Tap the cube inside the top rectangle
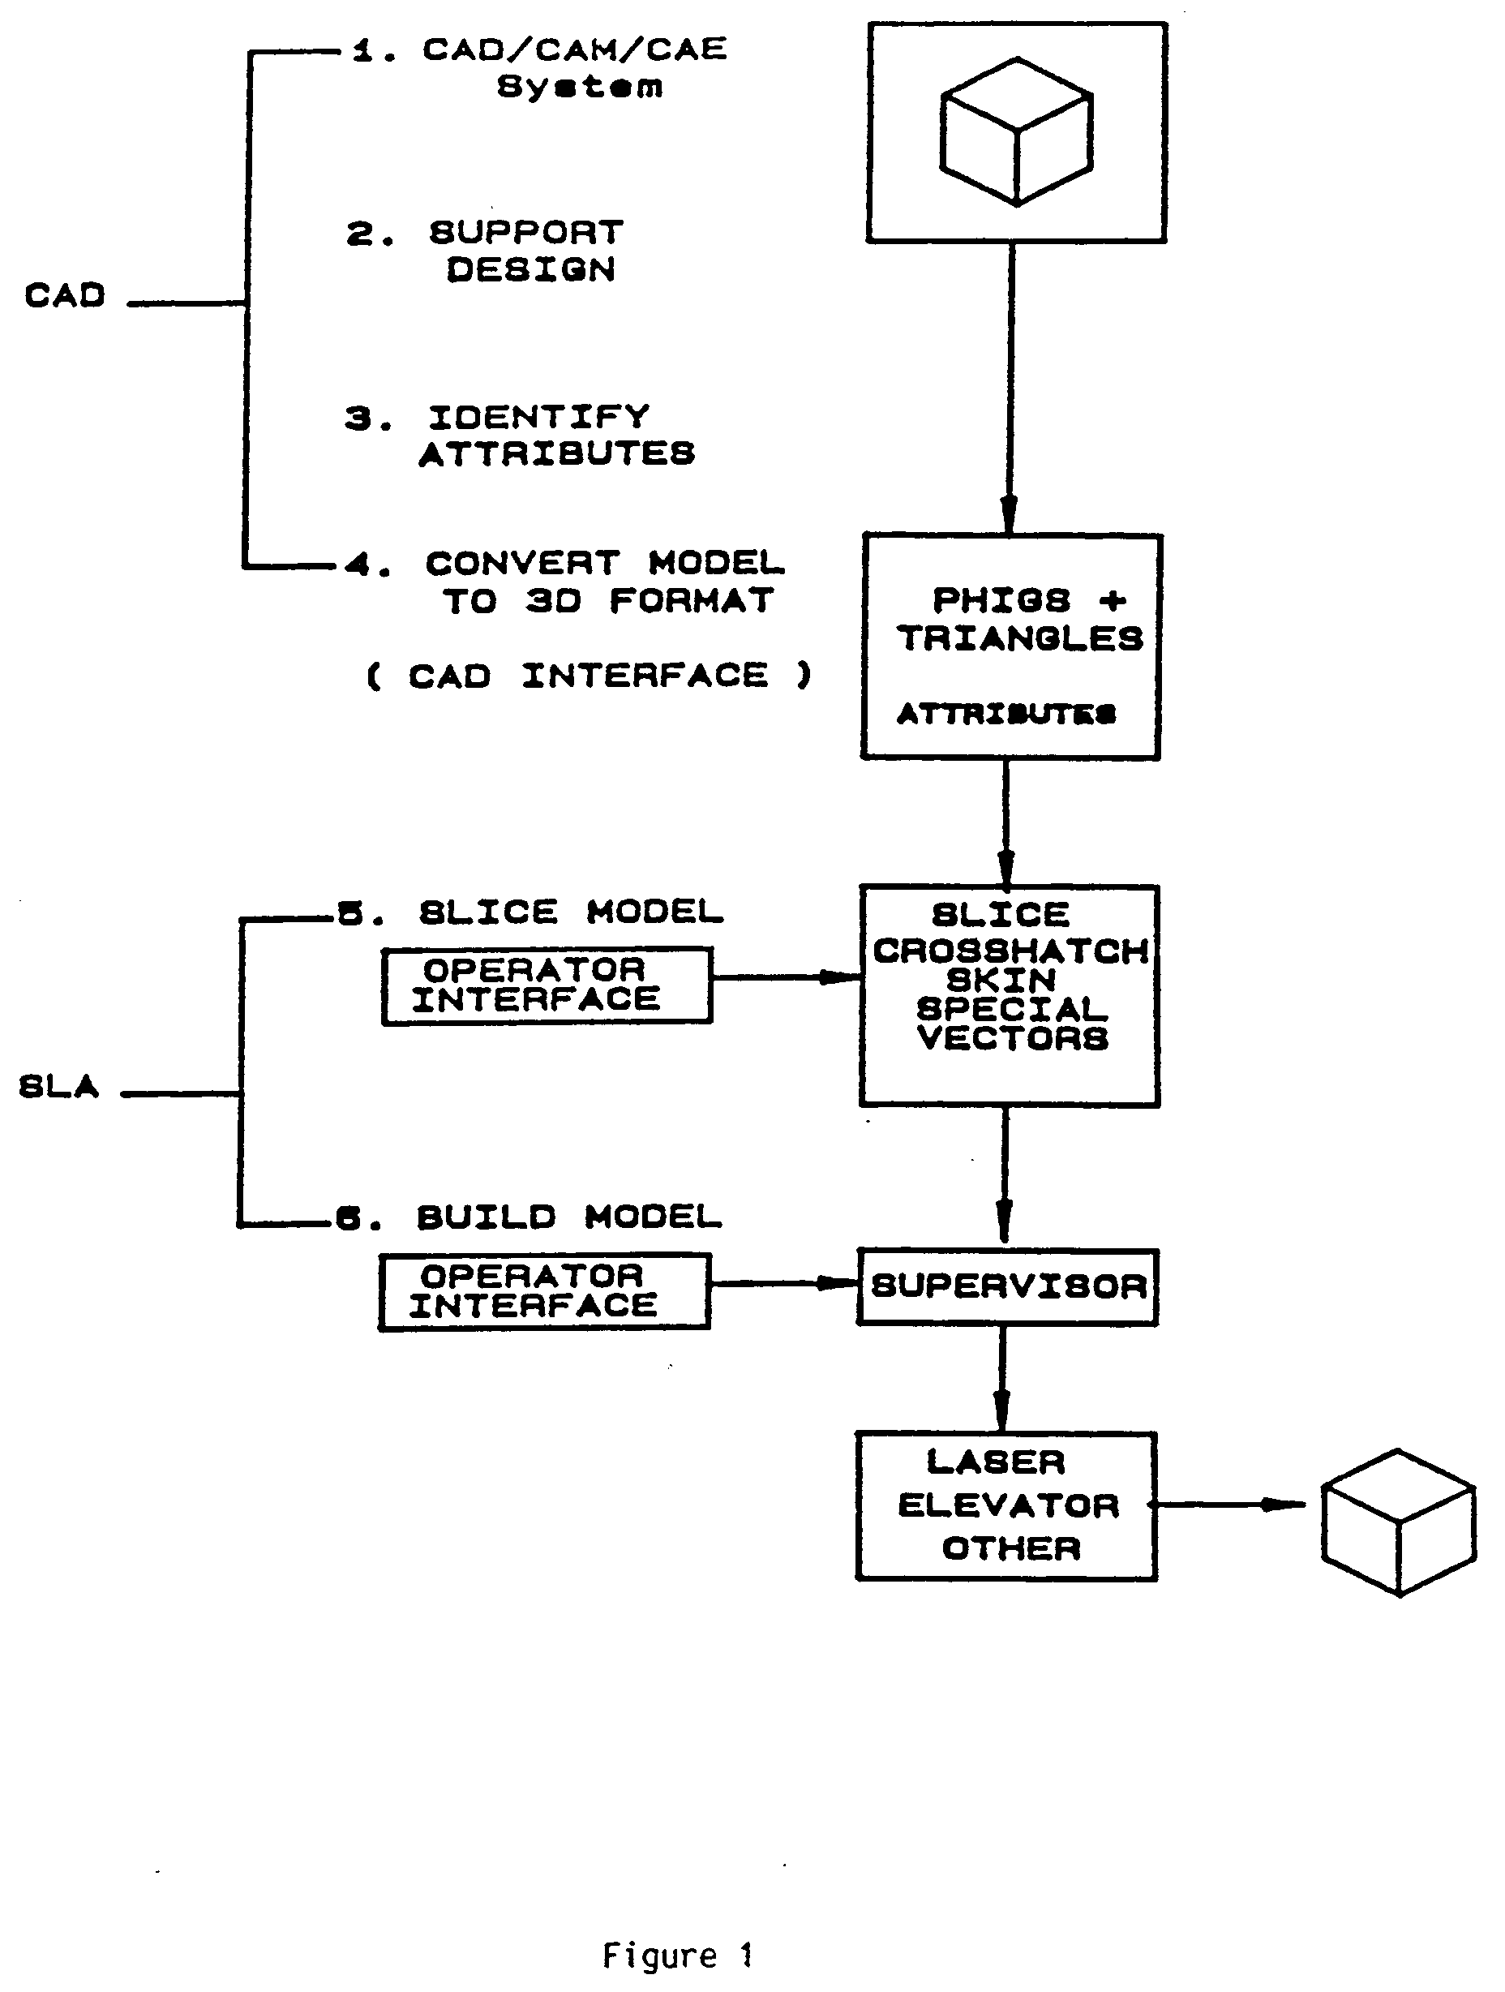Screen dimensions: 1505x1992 click(1016, 131)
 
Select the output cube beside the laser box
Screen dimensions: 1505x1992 click(1399, 1522)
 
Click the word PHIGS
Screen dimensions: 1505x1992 click(1001, 599)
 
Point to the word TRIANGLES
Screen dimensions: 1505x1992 click(1020, 638)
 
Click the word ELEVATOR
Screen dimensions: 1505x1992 click(1008, 1505)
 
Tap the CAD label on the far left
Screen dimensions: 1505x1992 click(65, 294)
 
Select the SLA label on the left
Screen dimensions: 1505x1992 click(58, 1086)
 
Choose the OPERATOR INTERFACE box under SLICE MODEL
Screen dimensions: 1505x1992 click(547, 985)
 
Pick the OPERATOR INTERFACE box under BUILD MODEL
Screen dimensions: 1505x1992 click(545, 1291)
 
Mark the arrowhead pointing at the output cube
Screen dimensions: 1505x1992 click(1284, 1504)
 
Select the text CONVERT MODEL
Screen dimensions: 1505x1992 click(605, 563)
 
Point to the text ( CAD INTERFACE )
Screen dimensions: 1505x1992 click(590, 676)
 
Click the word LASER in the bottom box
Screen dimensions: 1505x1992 click(996, 1462)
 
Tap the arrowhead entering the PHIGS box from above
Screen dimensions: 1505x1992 click(1009, 514)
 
